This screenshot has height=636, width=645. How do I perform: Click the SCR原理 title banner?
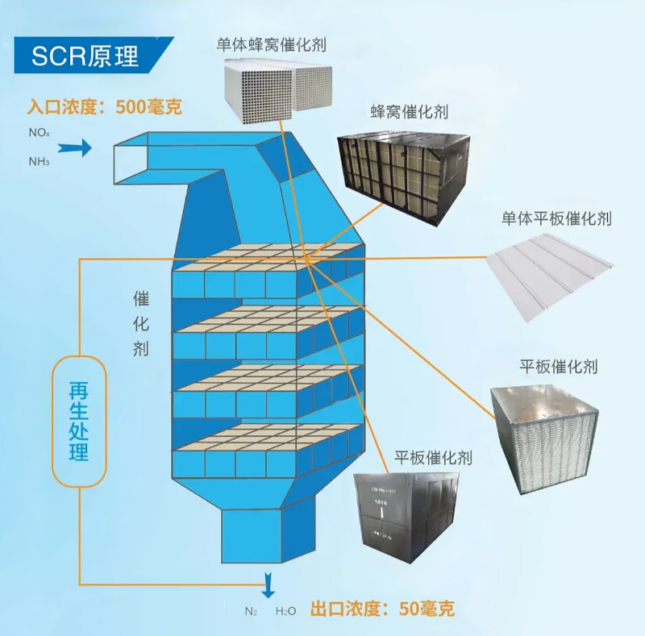click(x=85, y=55)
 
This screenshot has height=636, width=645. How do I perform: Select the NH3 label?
click(x=40, y=161)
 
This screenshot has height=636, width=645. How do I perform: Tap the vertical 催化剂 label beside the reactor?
click(x=141, y=323)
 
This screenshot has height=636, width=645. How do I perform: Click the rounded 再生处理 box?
click(x=79, y=422)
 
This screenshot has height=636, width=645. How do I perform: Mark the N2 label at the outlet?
click(x=251, y=611)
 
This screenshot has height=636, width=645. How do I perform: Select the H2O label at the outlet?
click(x=285, y=611)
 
